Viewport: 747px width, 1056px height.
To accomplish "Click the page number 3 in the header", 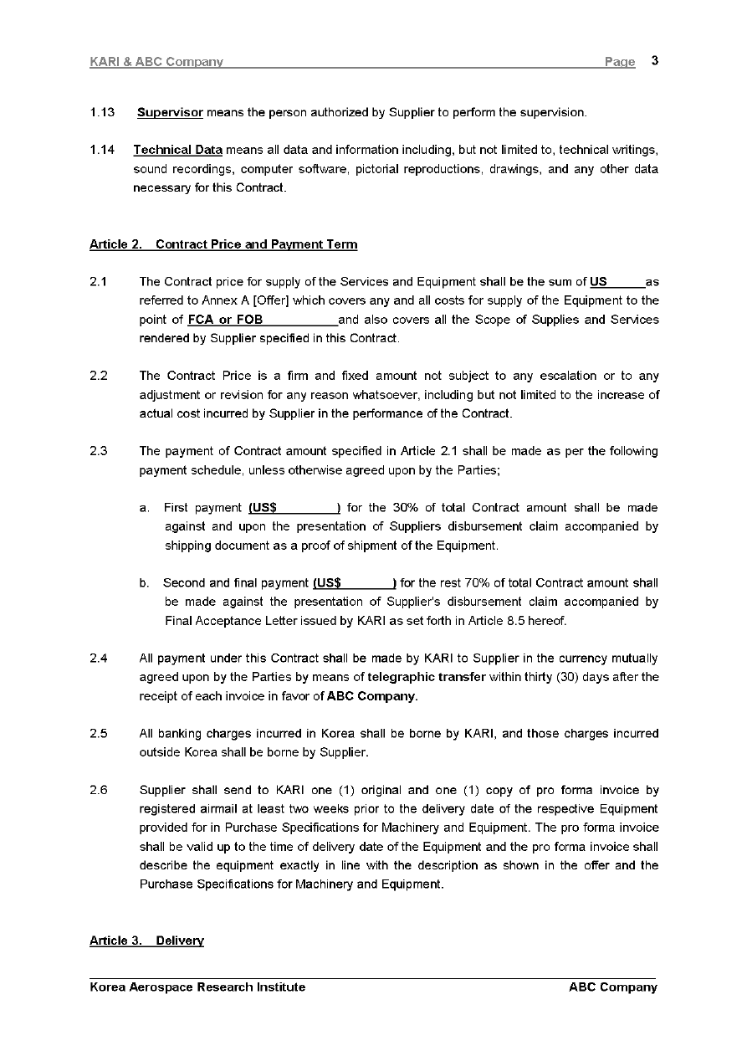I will tap(654, 60).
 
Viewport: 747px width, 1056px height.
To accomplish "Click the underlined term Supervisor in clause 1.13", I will tap(170, 112).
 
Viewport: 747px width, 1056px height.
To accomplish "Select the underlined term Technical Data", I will tap(177, 150).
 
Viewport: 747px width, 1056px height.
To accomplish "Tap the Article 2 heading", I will tap(223, 244).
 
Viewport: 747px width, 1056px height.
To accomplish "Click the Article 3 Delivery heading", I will tap(146, 941).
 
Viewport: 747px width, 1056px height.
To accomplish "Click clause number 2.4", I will tap(99, 659).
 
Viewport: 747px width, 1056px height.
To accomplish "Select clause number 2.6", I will tap(99, 790).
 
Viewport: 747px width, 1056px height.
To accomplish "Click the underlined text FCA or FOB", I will tap(226, 320).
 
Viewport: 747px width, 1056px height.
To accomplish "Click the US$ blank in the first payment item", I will tap(294, 508).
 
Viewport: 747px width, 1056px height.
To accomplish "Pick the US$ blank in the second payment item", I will tap(354, 583).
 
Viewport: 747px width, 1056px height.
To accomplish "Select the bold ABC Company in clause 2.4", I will tap(371, 696).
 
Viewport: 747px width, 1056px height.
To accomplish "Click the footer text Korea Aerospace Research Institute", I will tap(197, 987).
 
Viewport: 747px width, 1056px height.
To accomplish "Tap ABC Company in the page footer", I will tap(612, 987).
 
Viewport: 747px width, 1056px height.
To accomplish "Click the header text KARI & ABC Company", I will tap(156, 62).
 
